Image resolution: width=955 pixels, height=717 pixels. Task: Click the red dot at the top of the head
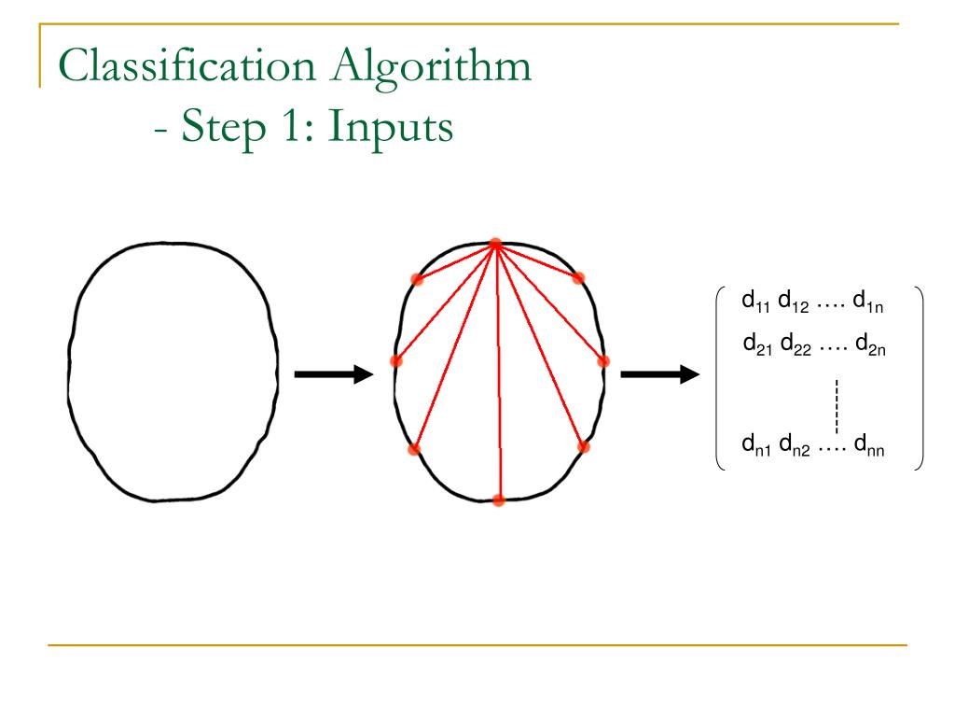(495, 244)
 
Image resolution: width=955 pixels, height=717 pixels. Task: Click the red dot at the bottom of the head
(498, 500)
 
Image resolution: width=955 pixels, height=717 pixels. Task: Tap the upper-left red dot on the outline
(417, 278)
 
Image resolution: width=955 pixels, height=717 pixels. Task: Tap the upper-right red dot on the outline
(578, 276)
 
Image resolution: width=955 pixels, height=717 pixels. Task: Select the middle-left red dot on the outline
(395, 360)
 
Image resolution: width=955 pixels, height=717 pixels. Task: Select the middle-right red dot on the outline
(603, 360)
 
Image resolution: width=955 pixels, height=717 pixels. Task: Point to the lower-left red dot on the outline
(414, 449)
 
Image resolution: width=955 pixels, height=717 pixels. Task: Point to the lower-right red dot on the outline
(584, 446)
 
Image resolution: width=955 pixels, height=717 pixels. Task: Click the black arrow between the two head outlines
(333, 375)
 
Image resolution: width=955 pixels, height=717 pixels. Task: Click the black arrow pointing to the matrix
(659, 375)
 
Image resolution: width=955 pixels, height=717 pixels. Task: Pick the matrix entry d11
(755, 302)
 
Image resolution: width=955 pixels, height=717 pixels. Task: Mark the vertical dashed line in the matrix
(837, 403)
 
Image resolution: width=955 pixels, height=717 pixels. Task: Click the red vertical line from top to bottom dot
(497, 373)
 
